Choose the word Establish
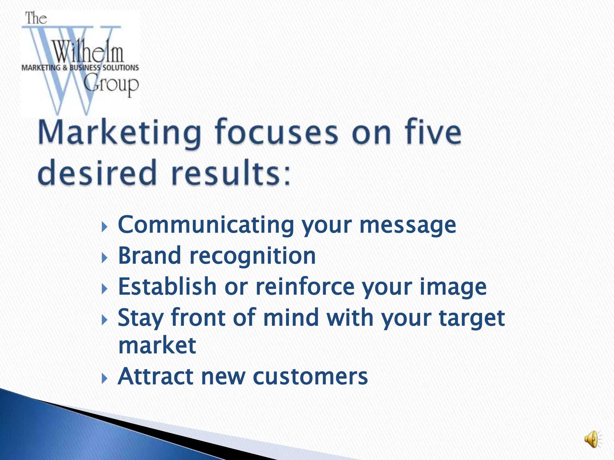pos(167,287)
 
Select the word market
pos(157,346)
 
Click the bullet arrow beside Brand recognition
pos(104,258)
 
